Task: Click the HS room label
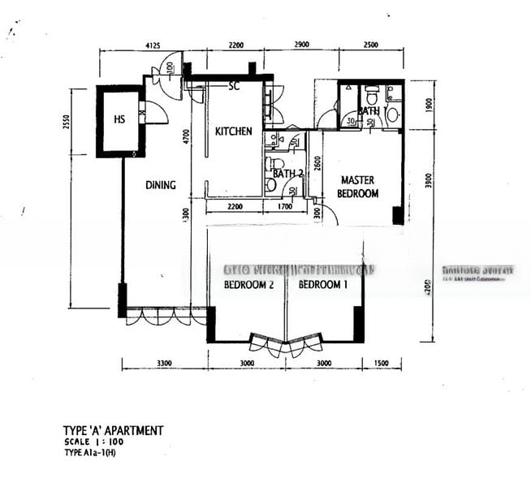119,120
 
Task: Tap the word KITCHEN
233,131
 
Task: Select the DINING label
161,185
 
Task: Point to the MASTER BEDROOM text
359,187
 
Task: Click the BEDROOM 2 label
247,285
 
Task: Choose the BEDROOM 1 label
322,285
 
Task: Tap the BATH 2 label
287,174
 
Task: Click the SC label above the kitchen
234,85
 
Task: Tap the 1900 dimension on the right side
430,105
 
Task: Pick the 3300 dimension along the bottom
165,364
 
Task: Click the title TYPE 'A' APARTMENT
113,431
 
